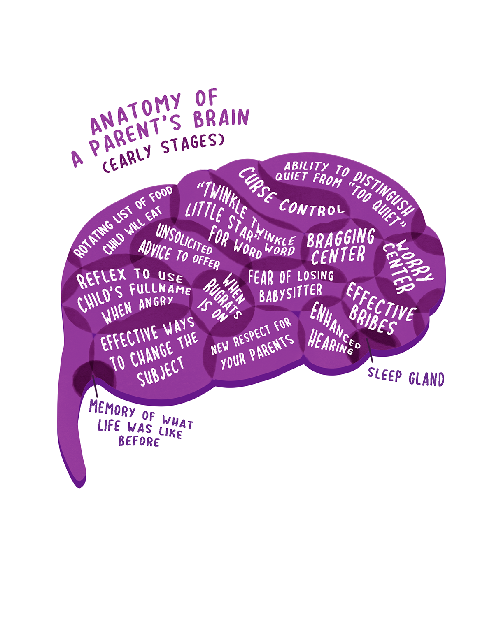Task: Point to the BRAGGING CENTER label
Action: tap(340, 246)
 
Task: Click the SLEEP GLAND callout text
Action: tap(405, 377)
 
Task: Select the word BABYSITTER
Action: tap(291, 293)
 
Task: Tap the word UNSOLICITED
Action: tap(184, 239)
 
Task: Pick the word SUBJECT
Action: tap(161, 372)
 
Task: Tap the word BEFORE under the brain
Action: tap(139, 442)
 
